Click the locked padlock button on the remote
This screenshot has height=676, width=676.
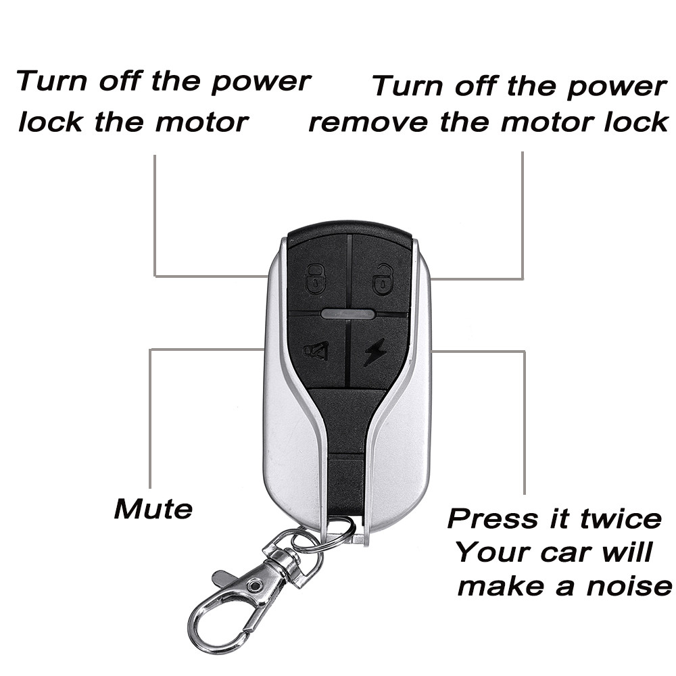tap(316, 278)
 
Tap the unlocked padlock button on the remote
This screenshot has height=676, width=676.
tap(383, 278)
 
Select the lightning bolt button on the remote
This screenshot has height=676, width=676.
tap(376, 352)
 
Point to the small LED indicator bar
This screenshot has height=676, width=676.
tap(348, 314)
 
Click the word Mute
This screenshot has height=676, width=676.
tap(153, 508)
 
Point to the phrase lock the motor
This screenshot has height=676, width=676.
tap(133, 122)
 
